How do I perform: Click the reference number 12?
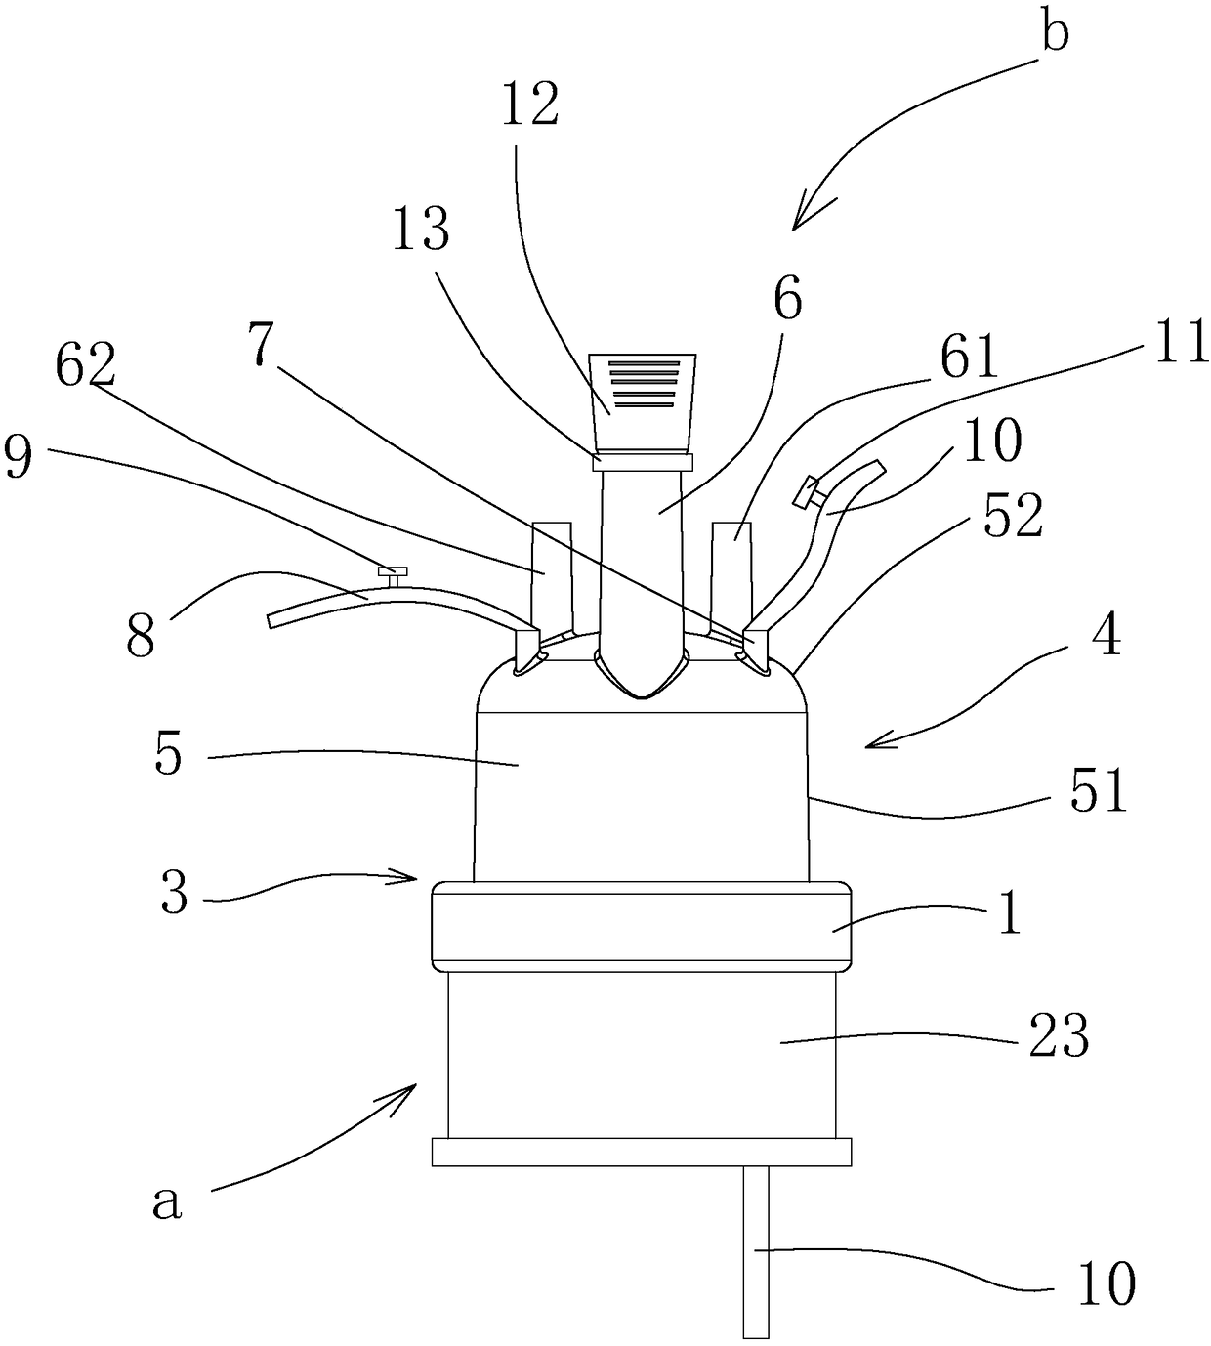[529, 105]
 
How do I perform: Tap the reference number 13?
[421, 231]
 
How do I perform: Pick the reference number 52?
[1013, 516]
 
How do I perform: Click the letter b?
[1056, 31]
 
